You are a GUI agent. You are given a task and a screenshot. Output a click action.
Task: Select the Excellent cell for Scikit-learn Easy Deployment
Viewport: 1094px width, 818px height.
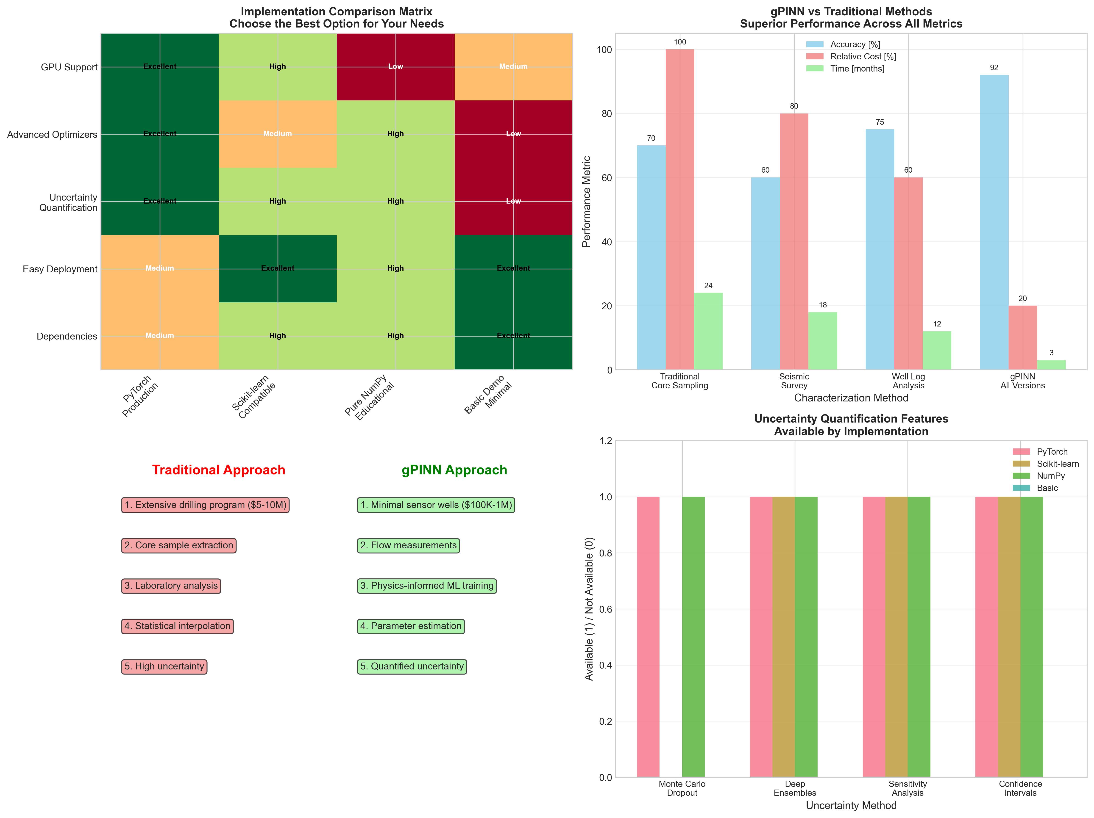[x=277, y=268]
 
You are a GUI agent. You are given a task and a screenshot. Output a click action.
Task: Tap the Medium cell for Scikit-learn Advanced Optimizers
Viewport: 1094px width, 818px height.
[x=277, y=134]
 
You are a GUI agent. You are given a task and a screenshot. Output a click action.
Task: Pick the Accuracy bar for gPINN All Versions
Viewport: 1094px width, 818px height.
[x=994, y=222]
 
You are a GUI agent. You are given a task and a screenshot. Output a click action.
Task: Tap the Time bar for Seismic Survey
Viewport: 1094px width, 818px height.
[x=822, y=341]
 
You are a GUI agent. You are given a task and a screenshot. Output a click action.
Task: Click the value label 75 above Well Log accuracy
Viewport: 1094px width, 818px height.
[x=880, y=122]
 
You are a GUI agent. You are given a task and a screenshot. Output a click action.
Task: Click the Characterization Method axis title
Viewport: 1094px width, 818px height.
[x=851, y=398]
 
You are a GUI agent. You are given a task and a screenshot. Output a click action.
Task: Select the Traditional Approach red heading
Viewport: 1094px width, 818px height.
[x=219, y=470]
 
